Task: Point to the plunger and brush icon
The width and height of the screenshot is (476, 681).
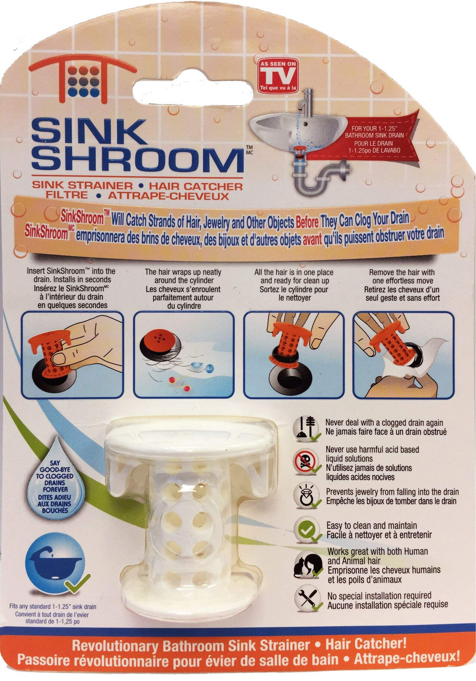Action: [x=307, y=427]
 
